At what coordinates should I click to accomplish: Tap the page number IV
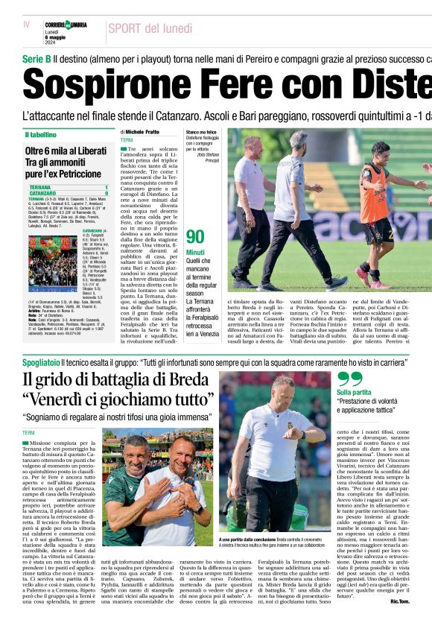pos(27,25)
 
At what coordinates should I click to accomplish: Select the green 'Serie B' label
pos(36,58)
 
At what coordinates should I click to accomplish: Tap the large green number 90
pos(195,237)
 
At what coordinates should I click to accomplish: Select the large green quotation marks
pos(350,378)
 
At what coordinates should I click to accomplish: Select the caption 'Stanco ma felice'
pos(203,132)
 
